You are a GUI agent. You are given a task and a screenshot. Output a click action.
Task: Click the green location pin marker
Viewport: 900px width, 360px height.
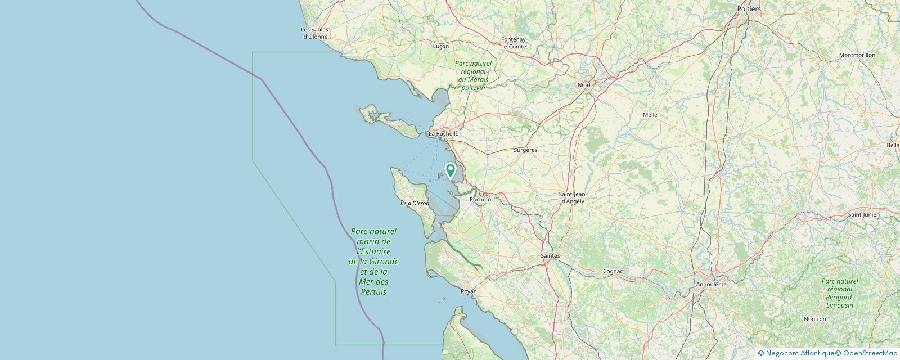[450, 170]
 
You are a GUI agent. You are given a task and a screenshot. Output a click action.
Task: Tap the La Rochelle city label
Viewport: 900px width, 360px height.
[443, 134]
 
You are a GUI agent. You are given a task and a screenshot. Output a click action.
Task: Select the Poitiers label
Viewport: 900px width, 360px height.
[749, 9]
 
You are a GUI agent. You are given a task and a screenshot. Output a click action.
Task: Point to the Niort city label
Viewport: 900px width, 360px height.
[584, 85]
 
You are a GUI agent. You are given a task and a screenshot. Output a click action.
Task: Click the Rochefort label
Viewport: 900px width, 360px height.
[482, 199]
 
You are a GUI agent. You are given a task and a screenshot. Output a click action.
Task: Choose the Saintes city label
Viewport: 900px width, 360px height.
[550, 255]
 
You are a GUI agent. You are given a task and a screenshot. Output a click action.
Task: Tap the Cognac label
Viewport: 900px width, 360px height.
[613, 271]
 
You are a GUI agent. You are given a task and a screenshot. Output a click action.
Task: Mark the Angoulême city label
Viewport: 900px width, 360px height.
[711, 284]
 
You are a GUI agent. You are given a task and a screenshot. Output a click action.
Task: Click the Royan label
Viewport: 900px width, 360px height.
[468, 291]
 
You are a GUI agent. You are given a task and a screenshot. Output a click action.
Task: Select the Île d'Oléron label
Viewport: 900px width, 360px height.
[415, 203]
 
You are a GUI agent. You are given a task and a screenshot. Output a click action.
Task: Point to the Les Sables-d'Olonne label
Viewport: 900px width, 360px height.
[315, 33]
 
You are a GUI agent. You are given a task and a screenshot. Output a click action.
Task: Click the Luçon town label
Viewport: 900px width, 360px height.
[441, 46]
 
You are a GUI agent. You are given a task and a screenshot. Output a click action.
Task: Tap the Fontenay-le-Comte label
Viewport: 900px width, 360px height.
[514, 43]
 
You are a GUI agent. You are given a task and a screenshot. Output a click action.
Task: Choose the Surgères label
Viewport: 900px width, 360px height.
[525, 150]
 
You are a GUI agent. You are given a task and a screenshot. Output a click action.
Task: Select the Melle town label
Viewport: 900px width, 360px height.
[650, 115]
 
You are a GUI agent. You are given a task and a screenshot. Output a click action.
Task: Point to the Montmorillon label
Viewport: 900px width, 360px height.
[857, 55]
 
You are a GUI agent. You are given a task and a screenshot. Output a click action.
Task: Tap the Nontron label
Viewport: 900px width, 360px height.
[815, 319]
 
